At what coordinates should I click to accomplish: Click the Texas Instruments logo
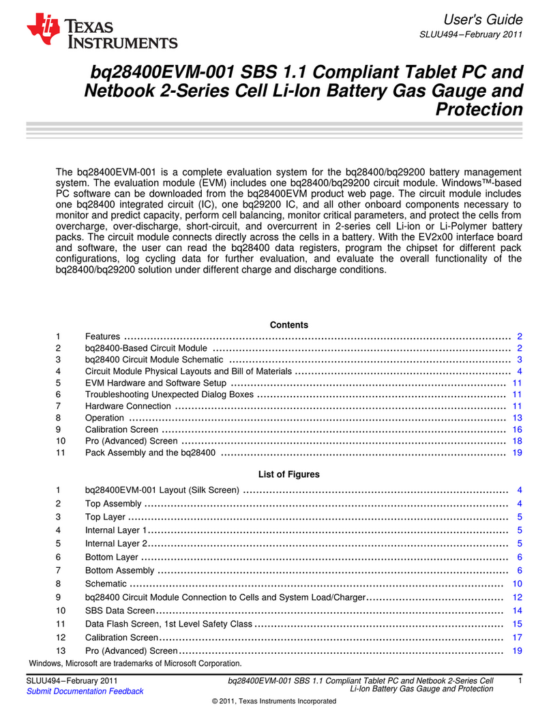[102, 33]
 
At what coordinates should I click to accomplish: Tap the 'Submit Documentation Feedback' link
[85, 691]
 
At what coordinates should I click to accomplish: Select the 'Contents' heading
[288, 325]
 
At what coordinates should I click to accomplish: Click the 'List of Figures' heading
[288, 474]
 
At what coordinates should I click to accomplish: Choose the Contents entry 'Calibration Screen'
[121, 429]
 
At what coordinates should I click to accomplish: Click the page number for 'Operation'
[517, 418]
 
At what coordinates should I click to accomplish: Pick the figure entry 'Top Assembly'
[113, 504]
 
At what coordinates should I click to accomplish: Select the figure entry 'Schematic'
[106, 584]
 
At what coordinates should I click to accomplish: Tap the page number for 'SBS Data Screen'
[517, 610]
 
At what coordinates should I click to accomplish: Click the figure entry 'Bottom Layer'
[113, 557]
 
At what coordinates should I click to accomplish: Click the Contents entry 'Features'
[102, 336]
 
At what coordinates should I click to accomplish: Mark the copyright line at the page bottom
[275, 701]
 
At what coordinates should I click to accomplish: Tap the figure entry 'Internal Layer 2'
[116, 544]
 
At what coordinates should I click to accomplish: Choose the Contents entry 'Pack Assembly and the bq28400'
[150, 453]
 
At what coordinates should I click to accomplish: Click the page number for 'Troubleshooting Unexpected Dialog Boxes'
[517, 394]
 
